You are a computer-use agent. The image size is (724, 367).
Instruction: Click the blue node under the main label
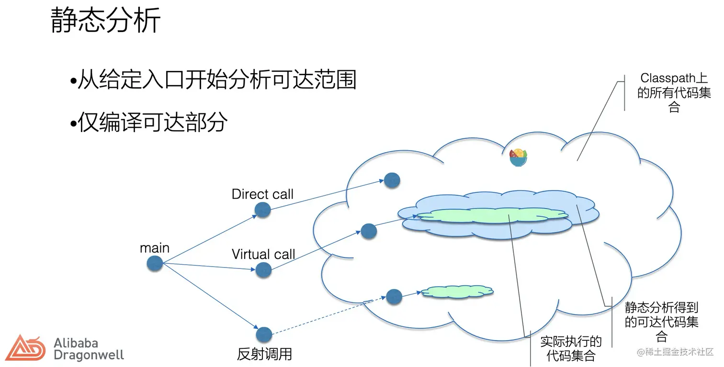[x=155, y=264]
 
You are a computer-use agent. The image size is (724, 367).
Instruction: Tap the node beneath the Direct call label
[x=262, y=210]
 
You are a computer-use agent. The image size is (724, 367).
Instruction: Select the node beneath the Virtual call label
[x=263, y=270]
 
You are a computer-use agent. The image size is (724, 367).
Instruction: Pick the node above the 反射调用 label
[x=264, y=335]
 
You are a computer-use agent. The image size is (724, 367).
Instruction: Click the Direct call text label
[x=262, y=194]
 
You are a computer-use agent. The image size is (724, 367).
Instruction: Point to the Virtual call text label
[x=263, y=254]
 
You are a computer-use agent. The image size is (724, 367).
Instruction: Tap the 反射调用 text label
[x=264, y=355]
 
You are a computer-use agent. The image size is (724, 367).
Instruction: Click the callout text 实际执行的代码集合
[x=571, y=348]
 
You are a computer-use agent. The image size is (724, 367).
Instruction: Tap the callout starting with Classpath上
[x=674, y=92]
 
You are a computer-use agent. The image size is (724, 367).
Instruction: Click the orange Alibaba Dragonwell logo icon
[x=25, y=348]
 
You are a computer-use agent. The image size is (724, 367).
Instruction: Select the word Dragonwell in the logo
[x=89, y=355]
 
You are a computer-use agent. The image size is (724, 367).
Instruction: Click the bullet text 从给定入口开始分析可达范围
[x=216, y=80]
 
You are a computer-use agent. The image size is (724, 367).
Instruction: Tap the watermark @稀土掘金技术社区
[x=675, y=352]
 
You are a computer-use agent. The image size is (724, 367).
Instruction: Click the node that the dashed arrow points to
[x=394, y=297]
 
